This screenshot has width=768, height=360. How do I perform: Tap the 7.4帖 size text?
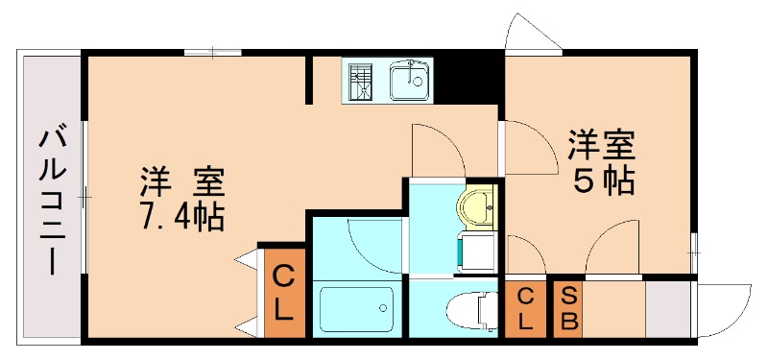point(181,215)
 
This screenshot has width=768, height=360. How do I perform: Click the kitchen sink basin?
point(411,80)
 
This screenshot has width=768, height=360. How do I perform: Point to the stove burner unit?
point(362,81)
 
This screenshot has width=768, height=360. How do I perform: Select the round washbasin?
point(477,204)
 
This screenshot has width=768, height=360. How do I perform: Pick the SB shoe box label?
point(568,308)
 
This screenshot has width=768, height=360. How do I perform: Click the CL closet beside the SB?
point(525,308)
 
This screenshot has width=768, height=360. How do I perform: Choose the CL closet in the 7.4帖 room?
point(284,293)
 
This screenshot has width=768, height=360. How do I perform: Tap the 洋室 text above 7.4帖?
point(181,180)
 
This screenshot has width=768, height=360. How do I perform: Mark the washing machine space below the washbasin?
point(478,252)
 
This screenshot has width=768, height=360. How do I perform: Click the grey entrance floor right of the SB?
point(668,308)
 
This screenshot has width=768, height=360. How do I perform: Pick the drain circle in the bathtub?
point(383,309)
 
